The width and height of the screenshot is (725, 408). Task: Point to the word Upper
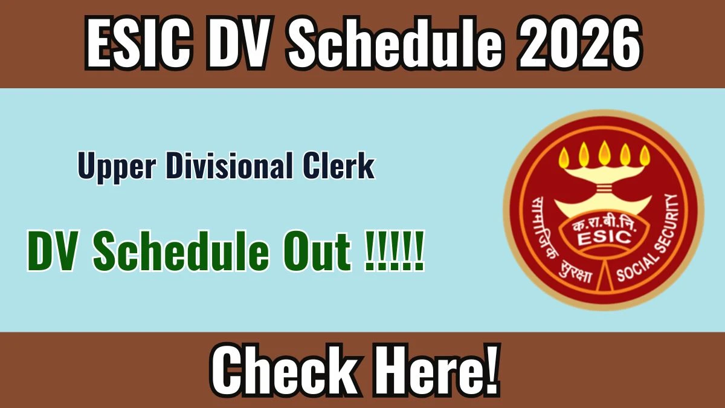(117, 167)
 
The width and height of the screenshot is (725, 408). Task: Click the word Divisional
(229, 165)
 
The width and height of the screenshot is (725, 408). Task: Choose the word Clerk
(338, 165)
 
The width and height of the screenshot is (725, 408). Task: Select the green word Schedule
(181, 250)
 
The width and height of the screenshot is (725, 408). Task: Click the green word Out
(317, 251)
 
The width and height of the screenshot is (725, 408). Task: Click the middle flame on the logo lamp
(604, 153)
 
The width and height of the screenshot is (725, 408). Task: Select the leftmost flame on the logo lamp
(564, 156)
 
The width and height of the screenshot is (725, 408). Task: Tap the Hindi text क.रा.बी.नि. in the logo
(604, 225)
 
